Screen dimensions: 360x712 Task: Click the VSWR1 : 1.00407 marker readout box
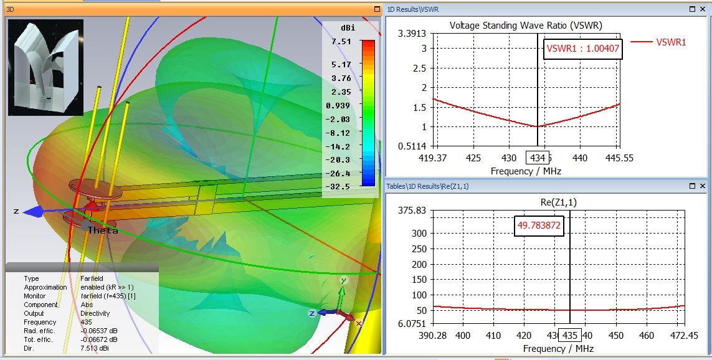[582, 49]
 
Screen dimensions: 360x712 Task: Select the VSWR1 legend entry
[671, 42]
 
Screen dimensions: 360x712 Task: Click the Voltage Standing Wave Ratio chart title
[526, 26]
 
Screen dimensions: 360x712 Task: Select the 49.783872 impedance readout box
[539, 227]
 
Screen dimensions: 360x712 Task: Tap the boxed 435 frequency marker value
[569, 335]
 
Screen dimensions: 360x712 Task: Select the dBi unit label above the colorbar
[348, 29]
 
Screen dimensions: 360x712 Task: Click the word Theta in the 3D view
[103, 230]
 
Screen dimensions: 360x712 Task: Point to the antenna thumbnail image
[45, 67]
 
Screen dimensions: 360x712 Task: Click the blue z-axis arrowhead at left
[28, 212]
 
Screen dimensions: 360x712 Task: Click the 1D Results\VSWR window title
[412, 9]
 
